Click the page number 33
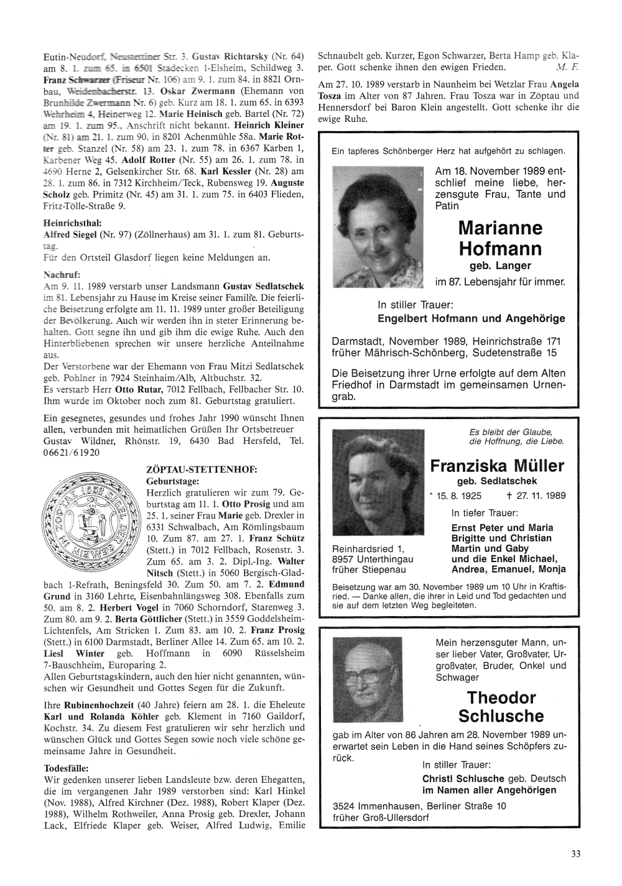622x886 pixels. click(576, 854)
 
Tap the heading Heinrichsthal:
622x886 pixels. click(69, 223)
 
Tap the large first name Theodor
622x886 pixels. click(501, 696)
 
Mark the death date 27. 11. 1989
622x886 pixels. click(534, 496)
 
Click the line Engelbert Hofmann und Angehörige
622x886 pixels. click(471, 318)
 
